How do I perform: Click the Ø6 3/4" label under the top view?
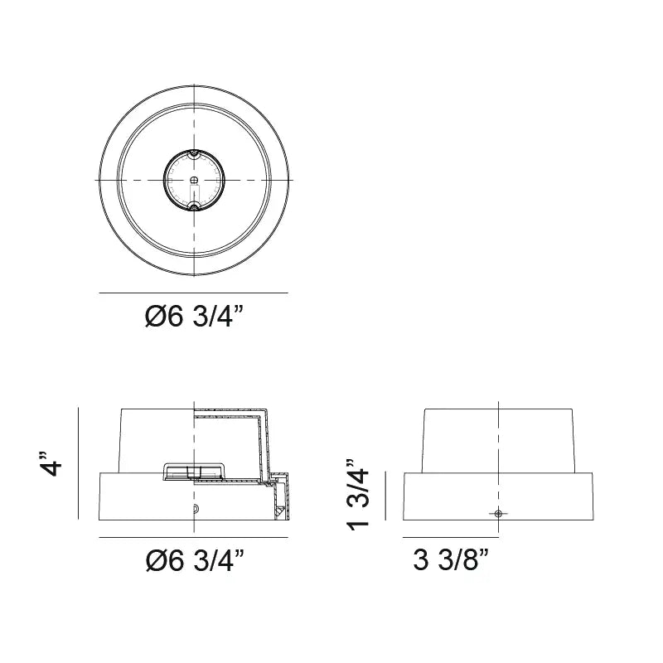(x=195, y=317)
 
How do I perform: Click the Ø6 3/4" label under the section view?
(x=195, y=561)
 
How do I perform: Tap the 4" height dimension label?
(x=50, y=464)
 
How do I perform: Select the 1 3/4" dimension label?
(x=358, y=494)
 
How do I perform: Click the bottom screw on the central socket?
(x=194, y=207)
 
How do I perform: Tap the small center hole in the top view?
(x=194, y=179)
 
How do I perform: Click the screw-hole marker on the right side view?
(x=499, y=513)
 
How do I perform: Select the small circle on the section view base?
(x=195, y=509)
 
